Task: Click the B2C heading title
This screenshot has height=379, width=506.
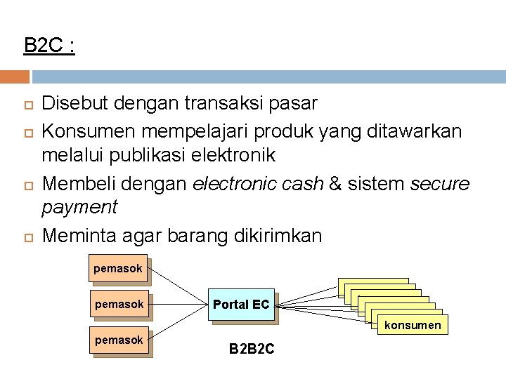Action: [49, 46]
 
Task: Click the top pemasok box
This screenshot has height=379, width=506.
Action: [118, 268]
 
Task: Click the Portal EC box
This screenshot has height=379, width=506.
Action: [241, 305]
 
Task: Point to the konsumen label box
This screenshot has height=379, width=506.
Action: [413, 325]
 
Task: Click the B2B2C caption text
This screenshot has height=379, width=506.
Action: [252, 348]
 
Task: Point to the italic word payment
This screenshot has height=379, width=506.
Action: [79, 207]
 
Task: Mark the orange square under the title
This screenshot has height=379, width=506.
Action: [15, 77]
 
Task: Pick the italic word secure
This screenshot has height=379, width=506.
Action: [439, 183]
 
